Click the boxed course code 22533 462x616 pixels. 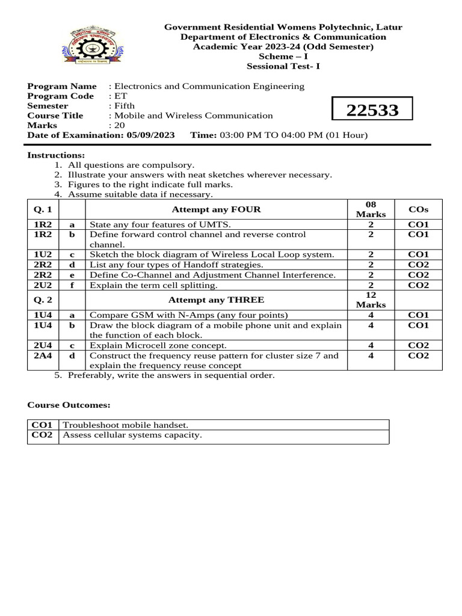[x=372, y=111]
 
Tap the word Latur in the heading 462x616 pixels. [x=389, y=27]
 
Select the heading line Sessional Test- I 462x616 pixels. [x=283, y=66]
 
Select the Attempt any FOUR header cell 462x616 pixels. [x=217, y=210]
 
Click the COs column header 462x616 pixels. [x=419, y=210]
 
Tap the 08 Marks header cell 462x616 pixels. [x=371, y=210]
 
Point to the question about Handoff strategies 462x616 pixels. [x=176, y=265]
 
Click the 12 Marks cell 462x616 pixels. [x=371, y=300]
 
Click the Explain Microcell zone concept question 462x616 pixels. [x=158, y=345]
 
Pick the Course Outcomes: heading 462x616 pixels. [x=69, y=405]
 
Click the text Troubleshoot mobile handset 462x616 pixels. [x=122, y=425]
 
